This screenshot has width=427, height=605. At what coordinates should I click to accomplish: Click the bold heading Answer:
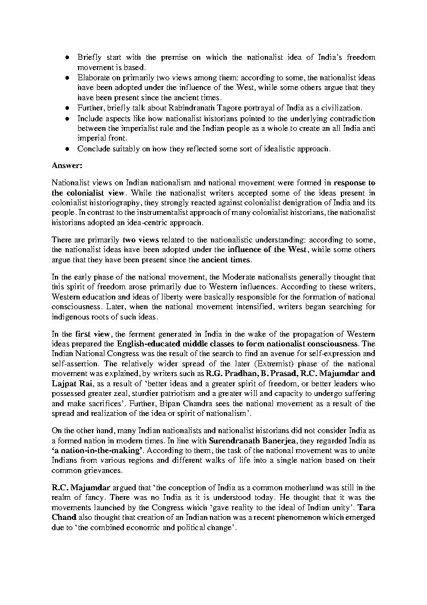pos(66,164)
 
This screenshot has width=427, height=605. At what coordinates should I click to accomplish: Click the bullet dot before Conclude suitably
pos(67,148)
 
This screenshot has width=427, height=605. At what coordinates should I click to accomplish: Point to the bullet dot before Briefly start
pos(67,57)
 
